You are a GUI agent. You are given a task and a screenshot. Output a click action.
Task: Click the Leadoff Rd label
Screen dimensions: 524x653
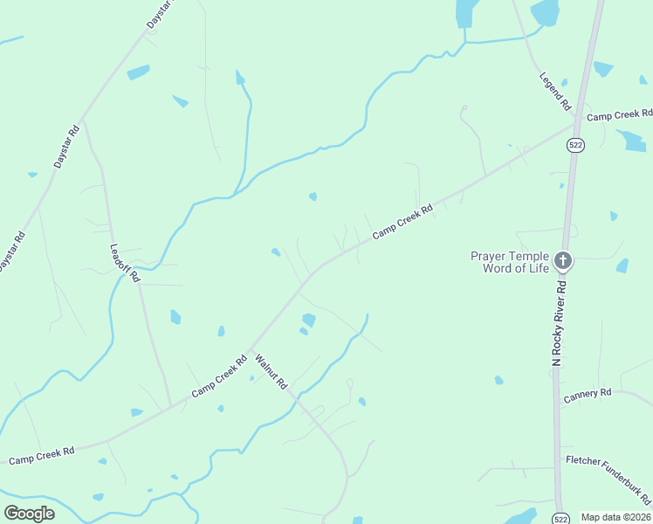tap(125, 261)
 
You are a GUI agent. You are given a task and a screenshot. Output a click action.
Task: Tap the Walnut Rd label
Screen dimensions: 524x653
tap(271, 370)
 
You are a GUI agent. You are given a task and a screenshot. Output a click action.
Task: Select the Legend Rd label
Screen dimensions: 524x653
tap(554, 91)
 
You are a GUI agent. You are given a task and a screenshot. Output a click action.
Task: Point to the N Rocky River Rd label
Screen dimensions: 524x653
tap(560, 322)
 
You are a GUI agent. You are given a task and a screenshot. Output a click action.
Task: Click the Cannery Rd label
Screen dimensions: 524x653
tap(587, 395)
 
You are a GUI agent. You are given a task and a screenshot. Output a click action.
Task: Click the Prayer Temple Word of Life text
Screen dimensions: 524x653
tap(510, 262)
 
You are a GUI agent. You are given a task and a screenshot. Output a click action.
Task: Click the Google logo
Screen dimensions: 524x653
tap(30, 514)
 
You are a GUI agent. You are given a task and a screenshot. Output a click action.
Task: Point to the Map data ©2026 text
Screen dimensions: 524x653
tap(615, 517)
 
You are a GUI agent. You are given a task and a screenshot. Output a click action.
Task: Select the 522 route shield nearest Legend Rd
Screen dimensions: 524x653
tap(574, 144)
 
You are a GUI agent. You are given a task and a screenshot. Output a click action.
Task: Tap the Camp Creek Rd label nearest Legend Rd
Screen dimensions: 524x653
tap(620, 114)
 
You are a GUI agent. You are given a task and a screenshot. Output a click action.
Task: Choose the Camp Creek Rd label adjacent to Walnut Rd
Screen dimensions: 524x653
tap(219, 376)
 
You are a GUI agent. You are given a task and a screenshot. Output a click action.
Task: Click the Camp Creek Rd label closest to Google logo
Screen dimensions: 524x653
tap(41, 455)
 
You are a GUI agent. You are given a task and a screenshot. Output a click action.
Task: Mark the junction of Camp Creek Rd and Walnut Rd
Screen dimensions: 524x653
tap(250, 350)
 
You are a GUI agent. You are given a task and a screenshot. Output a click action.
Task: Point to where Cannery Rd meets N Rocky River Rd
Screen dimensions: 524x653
tap(559, 404)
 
